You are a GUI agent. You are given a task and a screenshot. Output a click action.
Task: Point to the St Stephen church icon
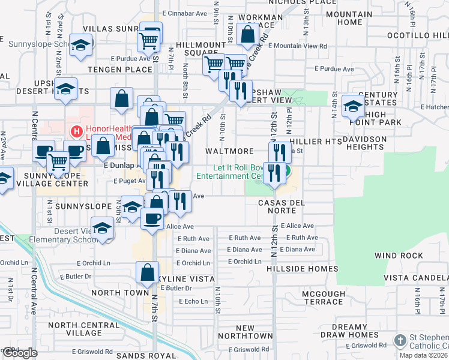pos(400,341)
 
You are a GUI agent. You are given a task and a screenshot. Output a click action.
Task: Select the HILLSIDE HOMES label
pos(307,269)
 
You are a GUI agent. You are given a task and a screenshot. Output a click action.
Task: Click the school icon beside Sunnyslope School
pos(80,45)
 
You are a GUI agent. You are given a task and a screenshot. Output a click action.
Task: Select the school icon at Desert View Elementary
pos(103,229)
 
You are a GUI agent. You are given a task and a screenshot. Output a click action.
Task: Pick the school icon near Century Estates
pos(353,106)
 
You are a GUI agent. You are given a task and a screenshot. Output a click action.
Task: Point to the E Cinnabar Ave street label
pos(184,12)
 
